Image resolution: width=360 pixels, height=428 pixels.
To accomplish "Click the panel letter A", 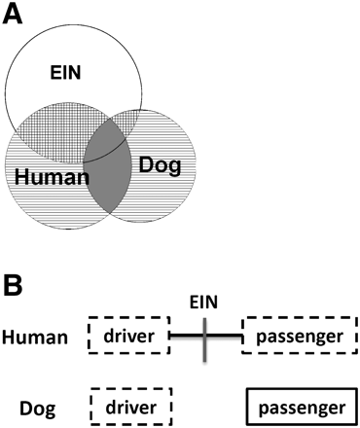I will [x=18, y=16].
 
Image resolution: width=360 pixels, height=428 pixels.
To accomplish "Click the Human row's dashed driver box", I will [x=128, y=337].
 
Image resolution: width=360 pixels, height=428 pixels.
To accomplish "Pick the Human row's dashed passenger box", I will [x=301, y=337].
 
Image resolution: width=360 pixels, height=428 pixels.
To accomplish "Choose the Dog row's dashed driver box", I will [x=130, y=403].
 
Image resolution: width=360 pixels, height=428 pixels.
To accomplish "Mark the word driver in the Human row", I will [x=128, y=337].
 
